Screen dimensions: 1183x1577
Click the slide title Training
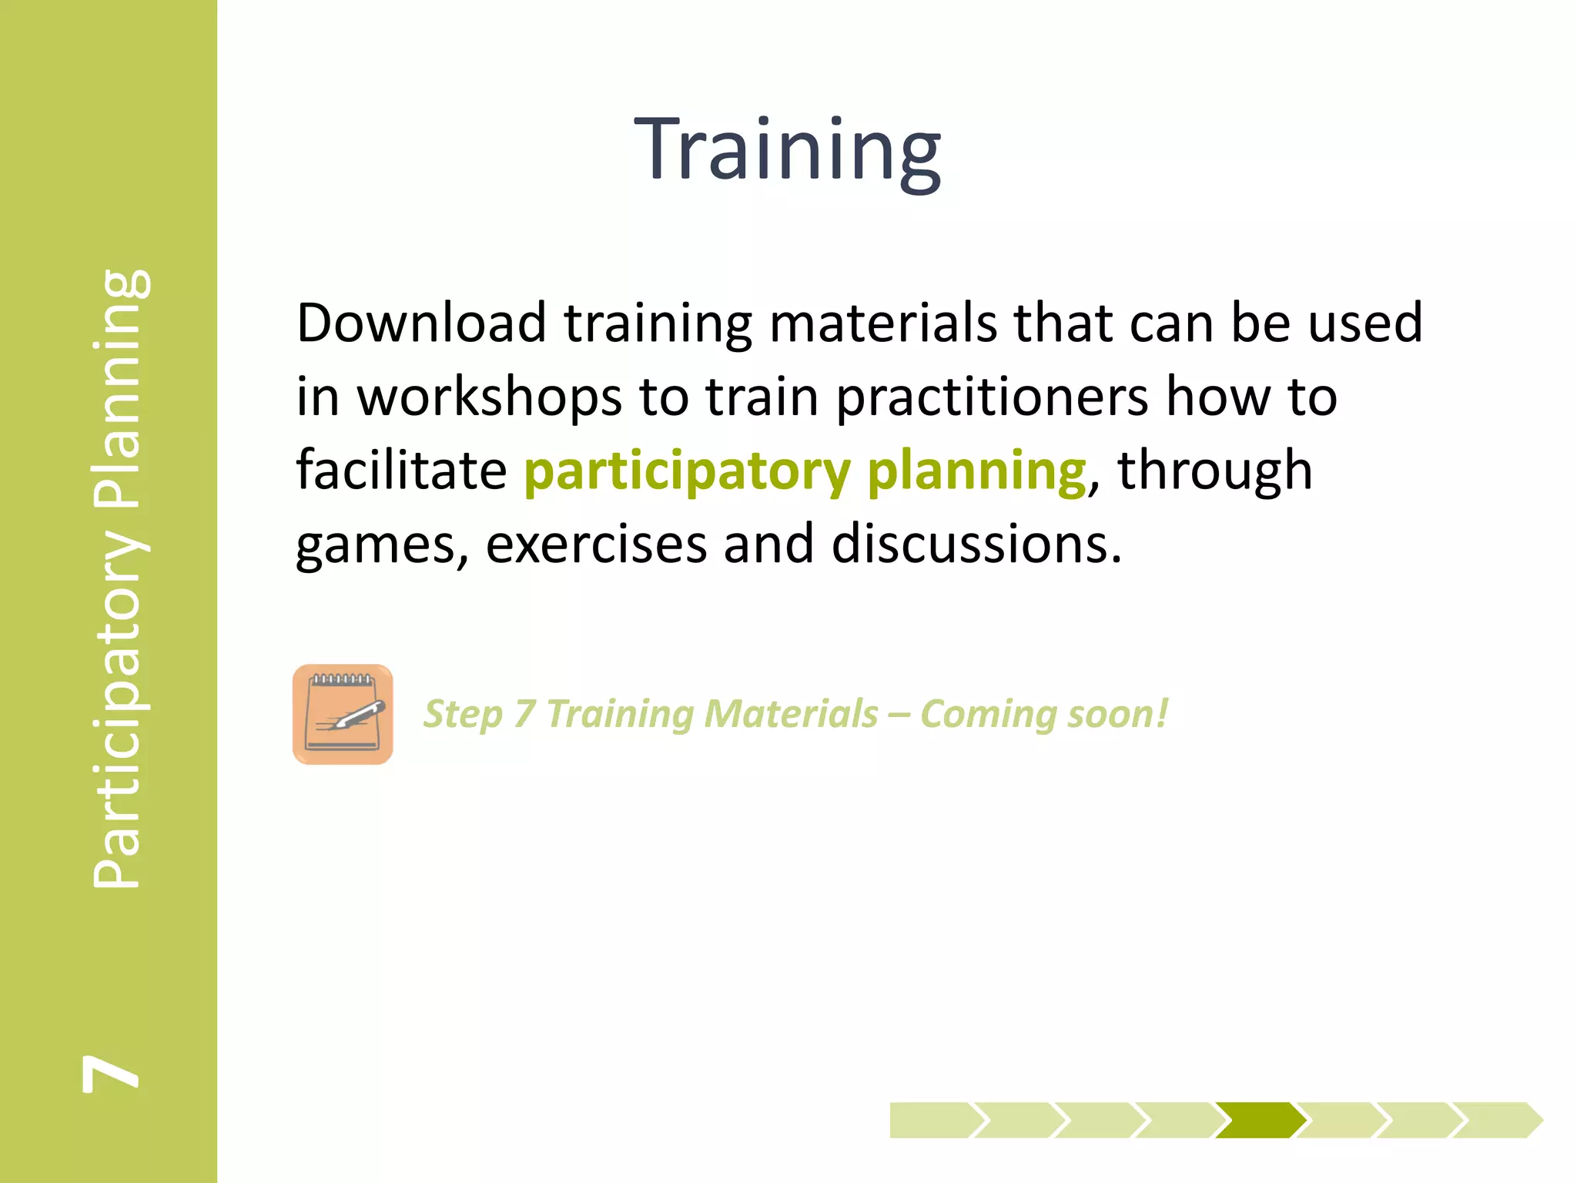pos(787,149)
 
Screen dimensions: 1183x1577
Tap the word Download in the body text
pos(421,323)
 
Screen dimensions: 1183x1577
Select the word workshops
pos(489,397)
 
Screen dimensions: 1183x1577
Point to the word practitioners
pos(992,397)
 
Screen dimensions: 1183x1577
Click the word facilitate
pos(401,471)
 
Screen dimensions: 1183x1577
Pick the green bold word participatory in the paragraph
pos(687,472)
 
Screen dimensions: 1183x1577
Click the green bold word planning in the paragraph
pos(976,472)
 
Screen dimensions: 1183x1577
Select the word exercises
pos(596,545)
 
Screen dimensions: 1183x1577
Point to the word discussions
pos(976,545)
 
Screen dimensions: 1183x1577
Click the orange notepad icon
pos(343,714)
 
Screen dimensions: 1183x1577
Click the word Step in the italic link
pos(463,715)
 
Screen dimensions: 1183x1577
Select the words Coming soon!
pos(1043,714)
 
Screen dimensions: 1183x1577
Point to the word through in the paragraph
pos(1214,471)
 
